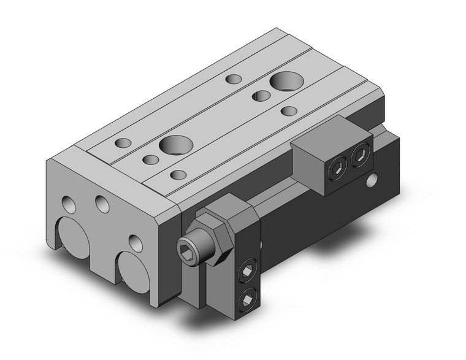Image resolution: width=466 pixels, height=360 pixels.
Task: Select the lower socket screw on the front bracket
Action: (x=246, y=298)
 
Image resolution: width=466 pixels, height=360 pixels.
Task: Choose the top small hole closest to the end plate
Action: (x=123, y=143)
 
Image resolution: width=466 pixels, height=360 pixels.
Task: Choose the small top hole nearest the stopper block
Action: (x=306, y=111)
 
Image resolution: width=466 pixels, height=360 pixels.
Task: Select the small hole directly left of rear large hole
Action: (x=233, y=79)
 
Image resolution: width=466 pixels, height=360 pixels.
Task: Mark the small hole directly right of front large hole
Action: (x=178, y=175)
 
